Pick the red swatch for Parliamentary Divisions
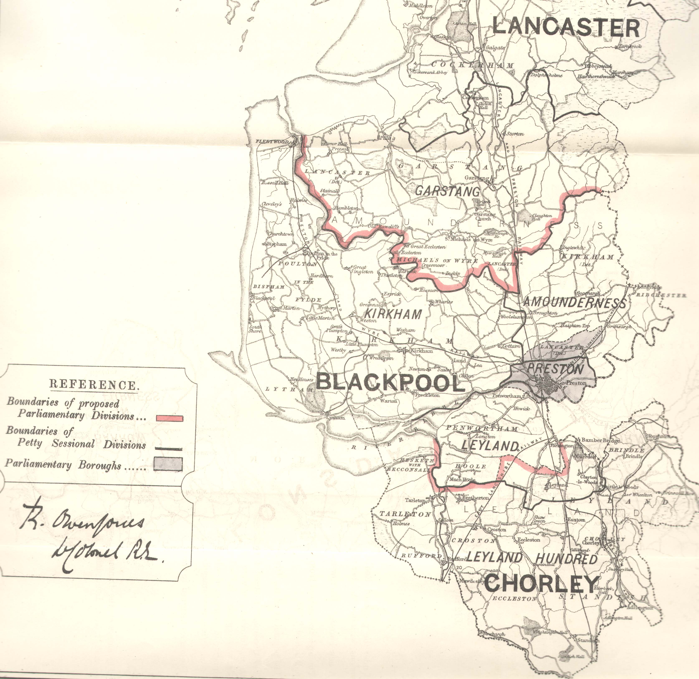169,418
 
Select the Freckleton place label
427,395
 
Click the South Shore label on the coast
255,328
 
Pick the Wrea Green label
379,358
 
